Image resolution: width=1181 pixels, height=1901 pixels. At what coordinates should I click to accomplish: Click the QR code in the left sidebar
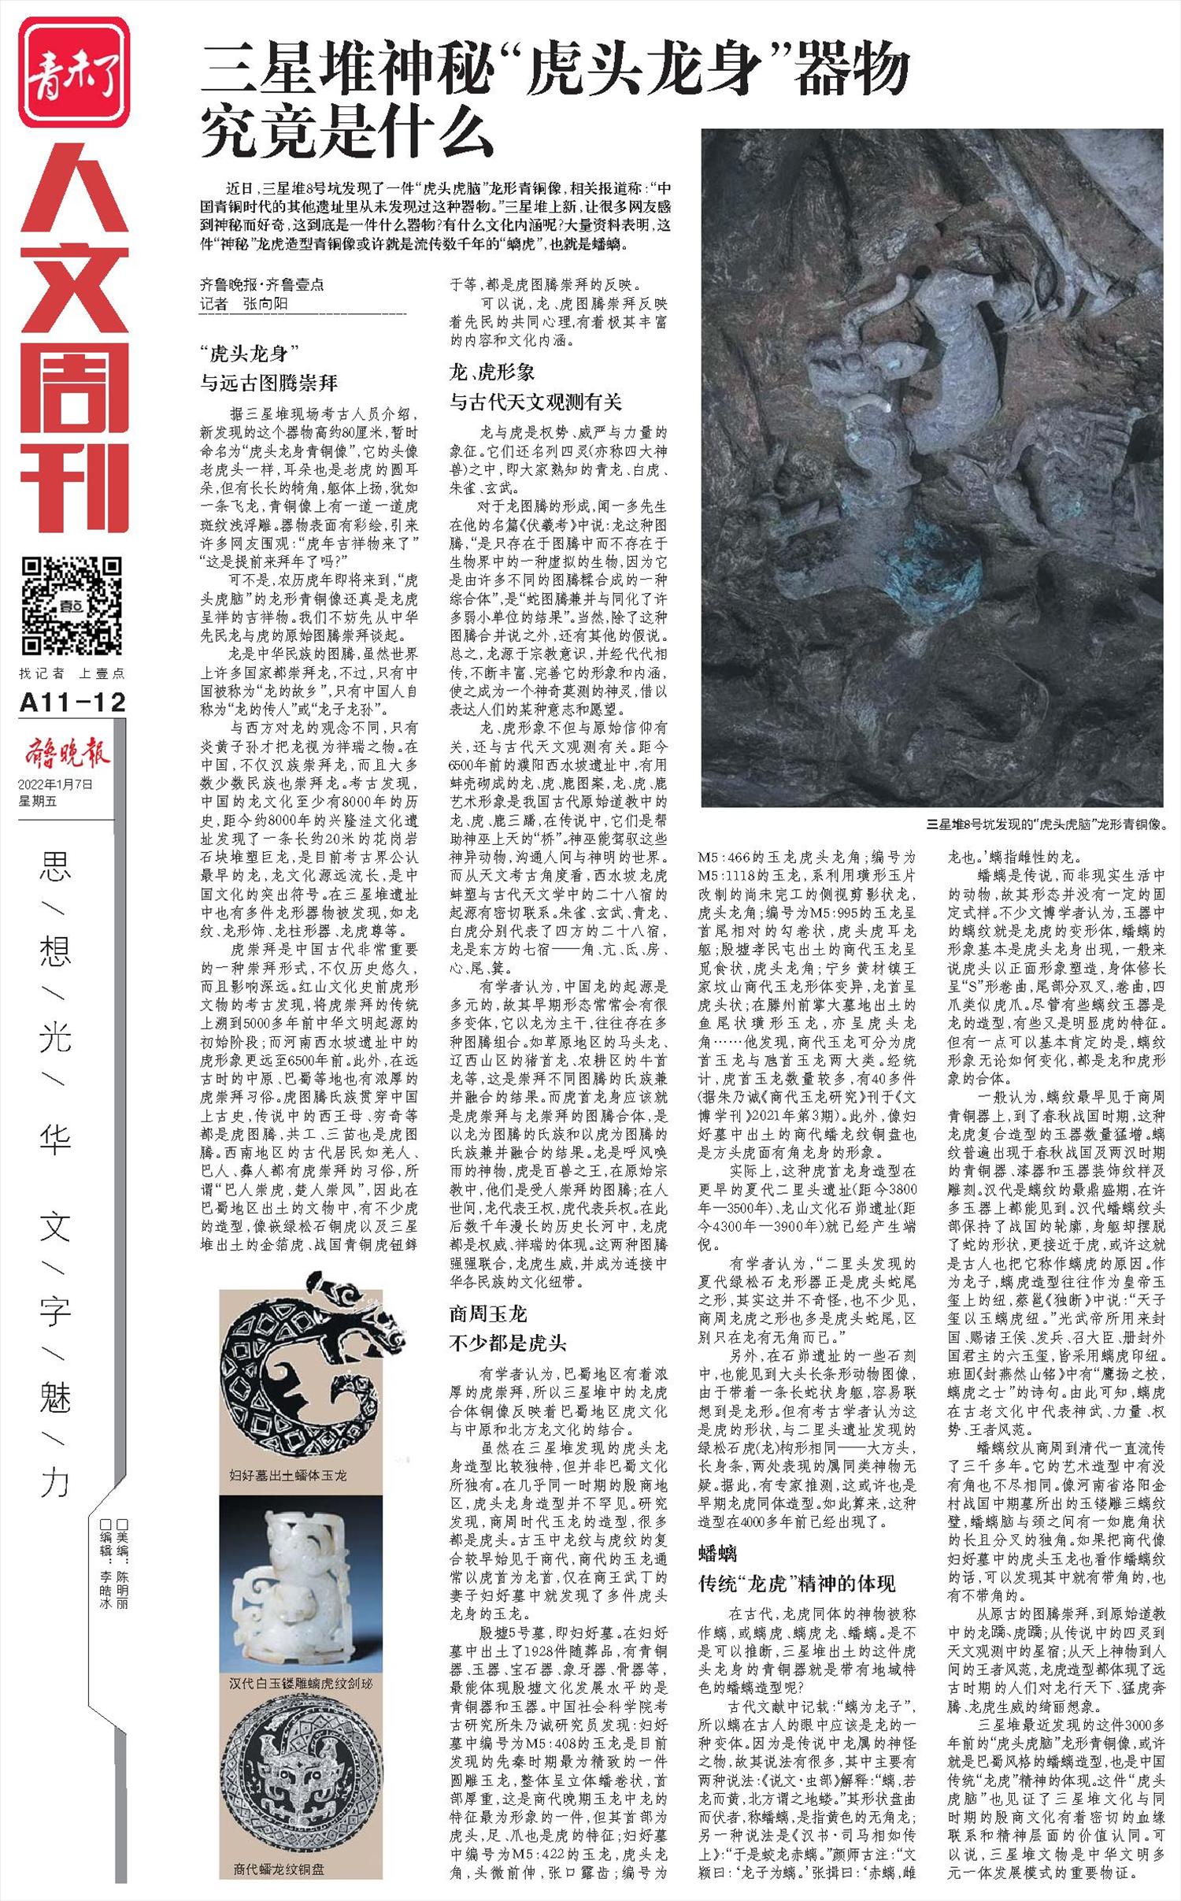click(72, 605)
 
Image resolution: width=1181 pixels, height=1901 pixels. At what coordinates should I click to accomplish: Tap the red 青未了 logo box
click(73, 72)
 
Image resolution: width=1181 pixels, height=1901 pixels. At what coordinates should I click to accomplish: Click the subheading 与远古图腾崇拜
click(269, 384)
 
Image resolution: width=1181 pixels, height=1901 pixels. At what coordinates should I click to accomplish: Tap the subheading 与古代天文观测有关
click(535, 402)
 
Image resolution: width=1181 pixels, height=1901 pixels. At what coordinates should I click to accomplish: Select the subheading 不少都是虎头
click(508, 1343)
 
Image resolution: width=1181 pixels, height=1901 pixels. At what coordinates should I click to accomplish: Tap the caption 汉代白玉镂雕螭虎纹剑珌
click(300, 1684)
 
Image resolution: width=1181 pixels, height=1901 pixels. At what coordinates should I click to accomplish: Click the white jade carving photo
click(300, 1579)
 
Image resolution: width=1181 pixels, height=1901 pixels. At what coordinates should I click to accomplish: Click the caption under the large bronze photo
click(1046, 825)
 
